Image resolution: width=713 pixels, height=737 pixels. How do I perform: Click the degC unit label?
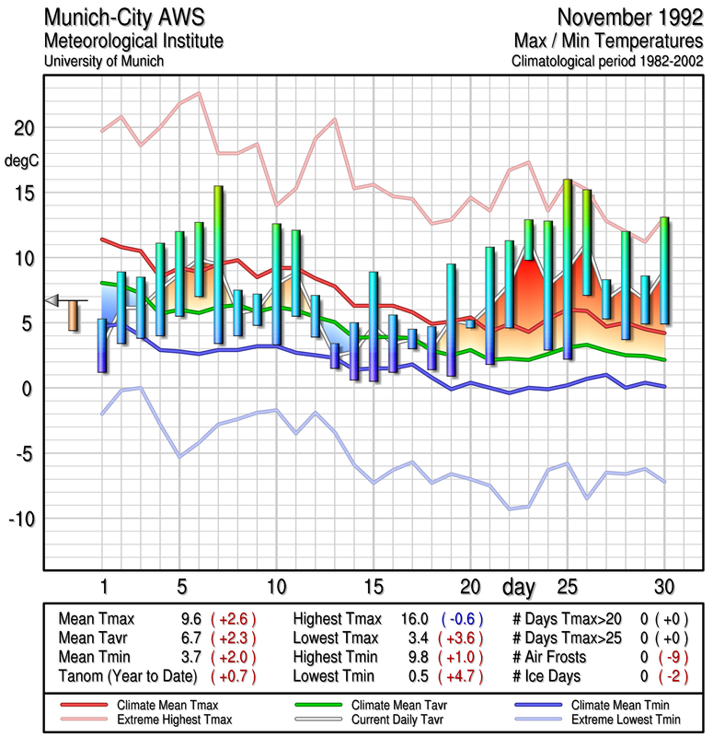click(x=22, y=160)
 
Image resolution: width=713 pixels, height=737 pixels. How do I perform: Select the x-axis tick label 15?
click(x=373, y=586)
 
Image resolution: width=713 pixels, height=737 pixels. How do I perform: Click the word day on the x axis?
click(x=519, y=586)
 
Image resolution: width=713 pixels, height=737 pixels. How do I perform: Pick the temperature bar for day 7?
click(x=218, y=264)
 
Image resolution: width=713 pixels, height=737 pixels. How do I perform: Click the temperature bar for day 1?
click(x=102, y=345)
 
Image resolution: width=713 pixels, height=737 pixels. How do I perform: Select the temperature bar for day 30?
click(x=663, y=270)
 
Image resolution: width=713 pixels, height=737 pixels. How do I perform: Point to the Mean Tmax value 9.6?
click(x=191, y=619)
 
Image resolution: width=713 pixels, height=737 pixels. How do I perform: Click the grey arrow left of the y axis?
click(x=52, y=300)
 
